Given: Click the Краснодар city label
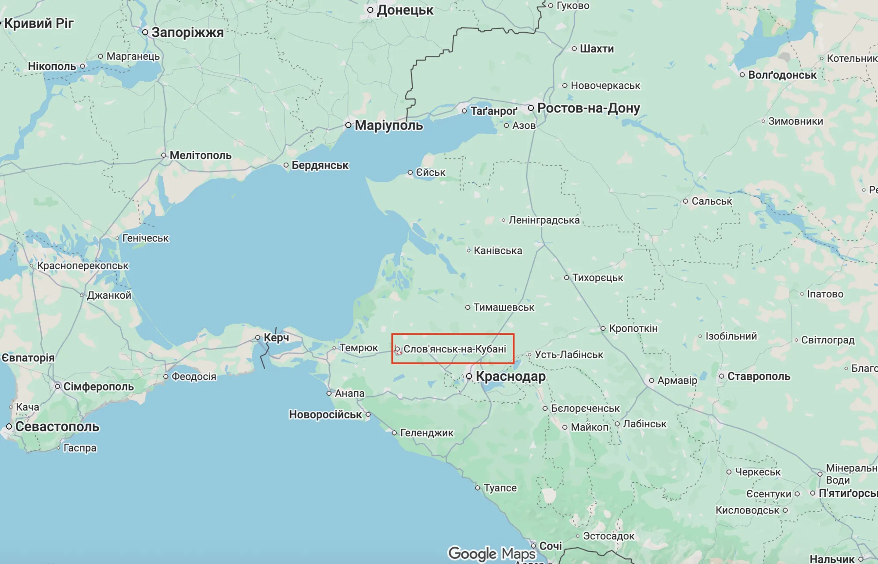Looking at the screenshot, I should (511, 376).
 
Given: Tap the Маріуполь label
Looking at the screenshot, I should (389, 125).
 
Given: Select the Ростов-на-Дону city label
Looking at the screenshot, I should (588, 108).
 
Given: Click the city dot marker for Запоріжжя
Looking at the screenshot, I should (145, 32).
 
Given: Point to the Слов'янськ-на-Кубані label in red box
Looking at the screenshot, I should (454, 349).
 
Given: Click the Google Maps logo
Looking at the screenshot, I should (492, 553).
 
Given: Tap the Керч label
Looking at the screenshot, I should (276, 338).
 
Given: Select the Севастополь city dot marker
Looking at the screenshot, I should (9, 427).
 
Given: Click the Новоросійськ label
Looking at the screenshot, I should (325, 415).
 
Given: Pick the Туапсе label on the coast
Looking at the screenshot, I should (500, 488).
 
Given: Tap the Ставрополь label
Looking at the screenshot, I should (759, 376).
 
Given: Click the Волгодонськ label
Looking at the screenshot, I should (782, 75).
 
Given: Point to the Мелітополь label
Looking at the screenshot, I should (200, 155).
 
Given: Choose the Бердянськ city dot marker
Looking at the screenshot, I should (286, 166).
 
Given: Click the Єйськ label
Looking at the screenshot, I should (430, 173).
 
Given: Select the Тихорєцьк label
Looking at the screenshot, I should (597, 278).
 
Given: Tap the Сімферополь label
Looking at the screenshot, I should (98, 387).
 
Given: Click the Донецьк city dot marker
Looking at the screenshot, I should (371, 10).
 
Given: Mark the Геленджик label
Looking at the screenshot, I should (427, 433).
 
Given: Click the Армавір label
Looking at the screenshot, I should (677, 380).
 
